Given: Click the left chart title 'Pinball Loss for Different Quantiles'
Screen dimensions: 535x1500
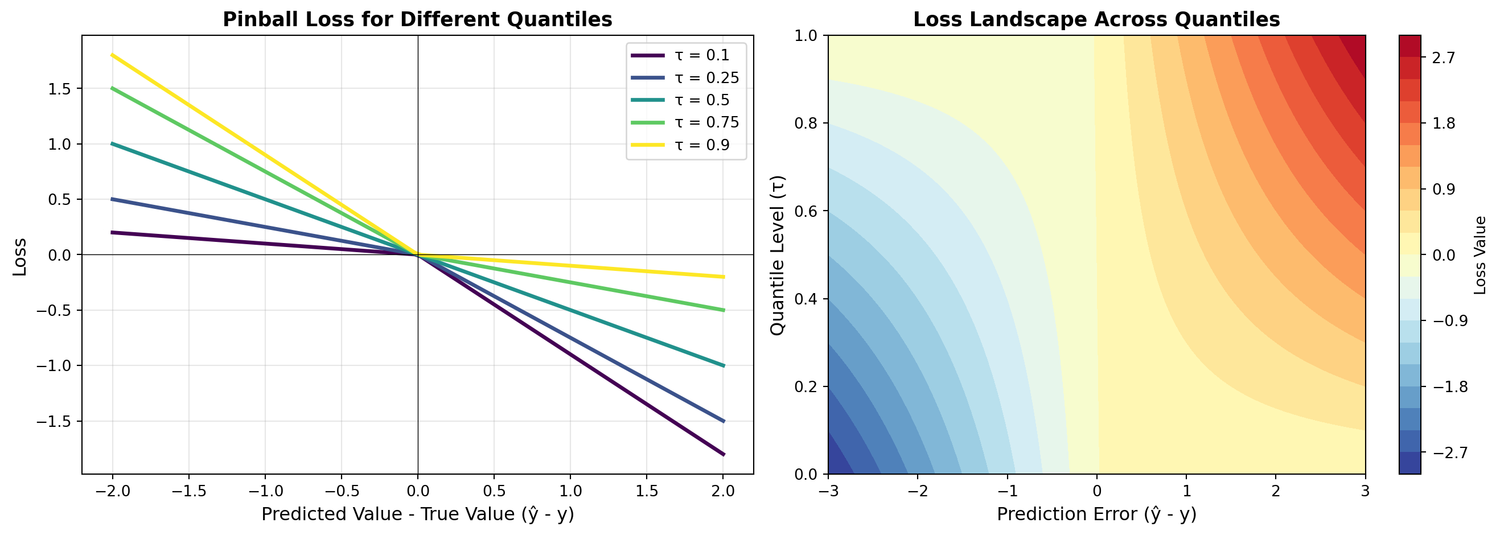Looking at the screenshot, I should point(417,19).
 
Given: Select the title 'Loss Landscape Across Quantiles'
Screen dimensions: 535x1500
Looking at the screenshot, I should point(1096,19).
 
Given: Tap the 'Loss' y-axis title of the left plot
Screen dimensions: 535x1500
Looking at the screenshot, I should point(20,257).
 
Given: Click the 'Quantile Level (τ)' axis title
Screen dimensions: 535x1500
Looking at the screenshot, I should point(777,255).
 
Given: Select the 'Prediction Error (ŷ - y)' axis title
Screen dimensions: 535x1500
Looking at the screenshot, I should point(1096,515).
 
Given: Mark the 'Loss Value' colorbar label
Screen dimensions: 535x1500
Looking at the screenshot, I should point(1480,255).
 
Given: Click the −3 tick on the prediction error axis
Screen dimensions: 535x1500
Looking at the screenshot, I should point(828,491).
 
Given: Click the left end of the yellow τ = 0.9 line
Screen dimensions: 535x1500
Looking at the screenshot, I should point(112,55).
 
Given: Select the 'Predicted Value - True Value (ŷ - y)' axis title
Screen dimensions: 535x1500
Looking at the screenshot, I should point(417,515).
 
